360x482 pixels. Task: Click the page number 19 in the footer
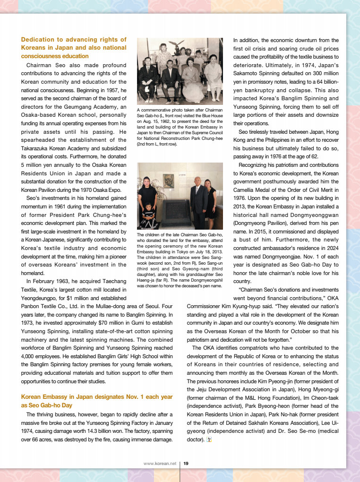pos(186,464)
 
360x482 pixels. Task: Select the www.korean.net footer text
pos(160,464)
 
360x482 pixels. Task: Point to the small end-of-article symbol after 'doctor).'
pos(209,440)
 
